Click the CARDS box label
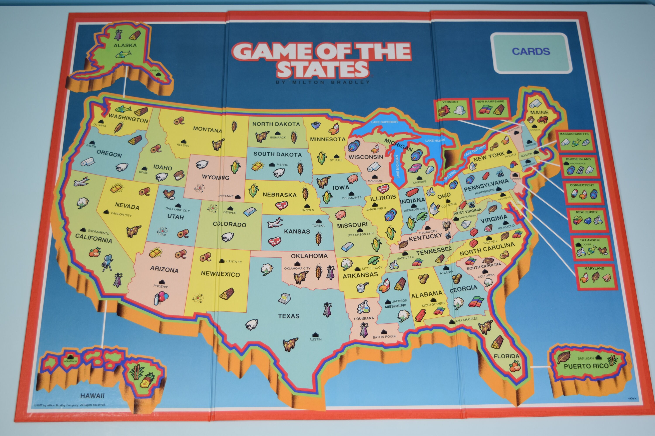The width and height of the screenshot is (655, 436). (531, 51)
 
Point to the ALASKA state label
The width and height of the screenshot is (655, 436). (125, 45)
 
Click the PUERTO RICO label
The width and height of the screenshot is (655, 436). (586, 366)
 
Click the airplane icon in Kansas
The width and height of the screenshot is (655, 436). (275, 223)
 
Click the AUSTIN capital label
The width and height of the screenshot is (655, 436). (315, 339)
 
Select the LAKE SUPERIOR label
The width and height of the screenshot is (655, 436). (384, 122)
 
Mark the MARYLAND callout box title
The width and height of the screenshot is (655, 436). (594, 268)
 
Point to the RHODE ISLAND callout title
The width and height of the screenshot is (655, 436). (578, 159)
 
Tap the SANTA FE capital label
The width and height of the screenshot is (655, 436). (234, 261)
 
